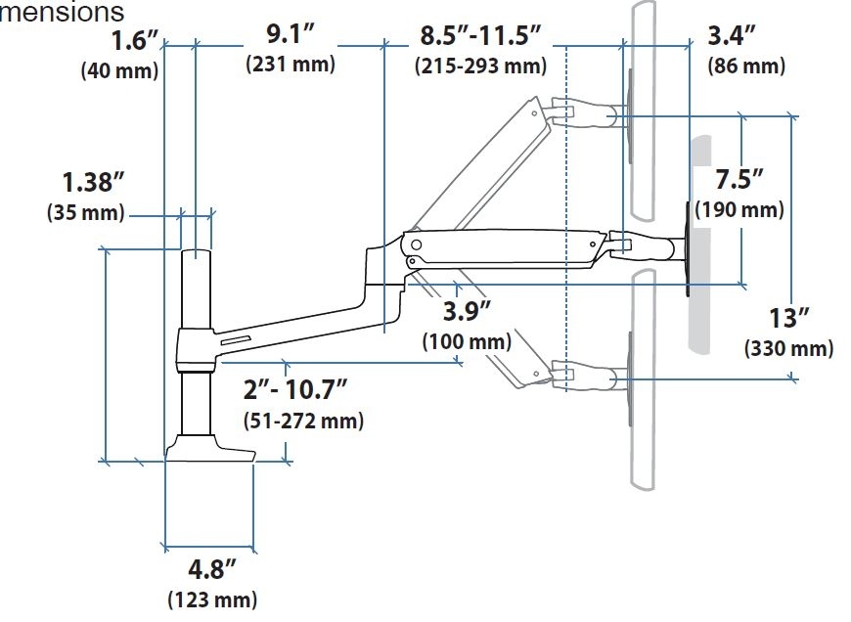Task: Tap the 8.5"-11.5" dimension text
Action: (x=480, y=36)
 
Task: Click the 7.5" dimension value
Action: (x=739, y=181)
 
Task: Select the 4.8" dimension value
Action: (x=211, y=568)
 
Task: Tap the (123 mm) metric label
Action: (x=212, y=599)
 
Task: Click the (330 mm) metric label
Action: (x=788, y=349)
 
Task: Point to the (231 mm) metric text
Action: (x=289, y=66)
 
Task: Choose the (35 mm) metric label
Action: (x=85, y=212)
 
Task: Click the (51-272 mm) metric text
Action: (x=302, y=422)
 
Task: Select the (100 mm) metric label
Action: (x=467, y=342)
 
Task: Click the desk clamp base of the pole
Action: (x=209, y=449)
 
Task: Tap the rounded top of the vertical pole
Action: (x=196, y=255)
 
